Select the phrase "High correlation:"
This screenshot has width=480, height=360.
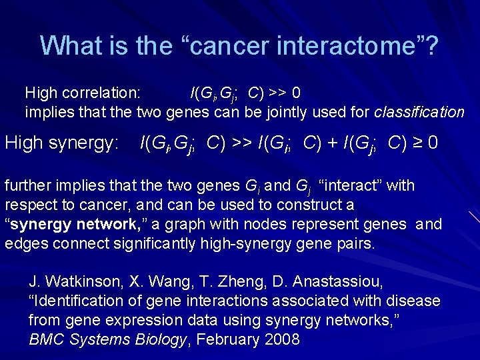click(83, 91)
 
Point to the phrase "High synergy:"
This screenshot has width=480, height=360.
click(62, 142)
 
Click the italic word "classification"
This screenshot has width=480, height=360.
click(419, 112)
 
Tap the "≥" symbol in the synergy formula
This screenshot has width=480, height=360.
click(414, 142)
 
